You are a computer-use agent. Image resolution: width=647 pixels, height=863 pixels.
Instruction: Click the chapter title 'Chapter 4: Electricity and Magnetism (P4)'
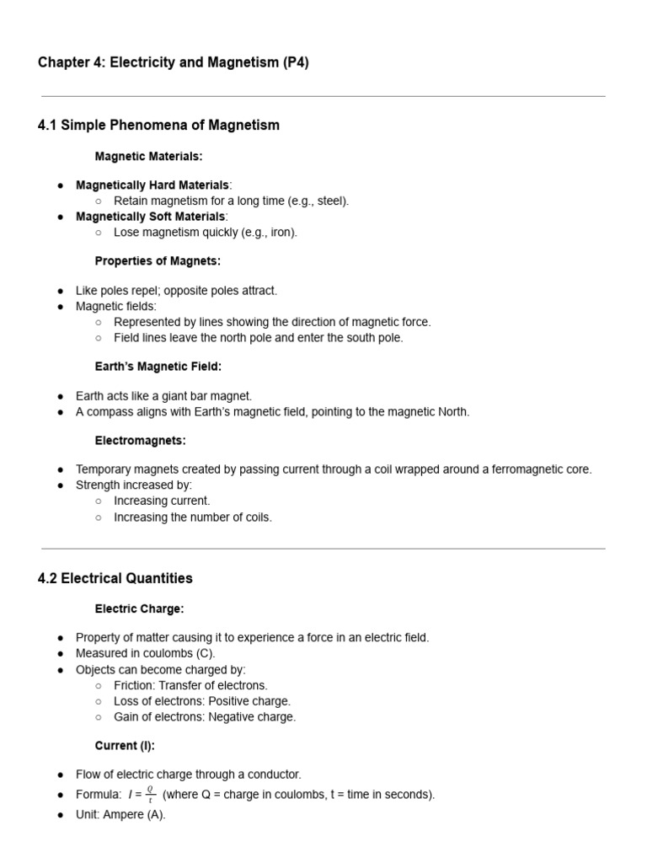[x=173, y=63]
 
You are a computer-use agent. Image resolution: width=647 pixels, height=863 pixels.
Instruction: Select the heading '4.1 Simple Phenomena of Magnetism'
[x=158, y=126]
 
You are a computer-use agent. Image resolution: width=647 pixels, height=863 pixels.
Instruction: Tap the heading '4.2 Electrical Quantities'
[x=115, y=578]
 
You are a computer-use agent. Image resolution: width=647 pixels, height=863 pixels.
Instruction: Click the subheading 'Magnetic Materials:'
[x=148, y=157]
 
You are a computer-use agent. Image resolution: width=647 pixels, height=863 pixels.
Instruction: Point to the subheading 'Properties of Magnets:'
[x=158, y=261]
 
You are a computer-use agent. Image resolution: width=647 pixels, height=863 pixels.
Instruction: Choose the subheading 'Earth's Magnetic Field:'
[x=158, y=367]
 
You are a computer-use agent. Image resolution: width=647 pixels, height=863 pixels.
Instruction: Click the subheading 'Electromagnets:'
[x=140, y=440]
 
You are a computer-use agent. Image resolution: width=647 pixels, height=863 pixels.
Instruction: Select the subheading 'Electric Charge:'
[x=139, y=608]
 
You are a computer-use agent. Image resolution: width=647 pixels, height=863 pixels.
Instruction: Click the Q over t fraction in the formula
[x=150, y=795]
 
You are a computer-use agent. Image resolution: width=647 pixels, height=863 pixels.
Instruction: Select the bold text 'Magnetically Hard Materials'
[x=152, y=185]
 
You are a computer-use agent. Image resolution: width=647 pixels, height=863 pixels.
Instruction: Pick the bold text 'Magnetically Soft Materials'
[x=150, y=217]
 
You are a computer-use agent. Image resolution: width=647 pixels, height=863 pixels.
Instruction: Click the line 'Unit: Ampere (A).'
[x=120, y=815]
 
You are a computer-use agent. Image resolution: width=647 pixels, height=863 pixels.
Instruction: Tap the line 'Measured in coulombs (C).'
[x=145, y=653]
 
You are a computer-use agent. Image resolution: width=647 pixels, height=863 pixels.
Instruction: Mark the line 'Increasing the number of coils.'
[x=193, y=517]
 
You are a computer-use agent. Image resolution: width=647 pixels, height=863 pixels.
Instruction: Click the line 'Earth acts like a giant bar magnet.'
[x=163, y=396]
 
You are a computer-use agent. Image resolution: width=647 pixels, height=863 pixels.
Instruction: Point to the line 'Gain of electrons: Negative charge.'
[x=205, y=717]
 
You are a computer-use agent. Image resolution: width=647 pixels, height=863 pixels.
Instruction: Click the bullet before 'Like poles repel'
[x=61, y=291]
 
